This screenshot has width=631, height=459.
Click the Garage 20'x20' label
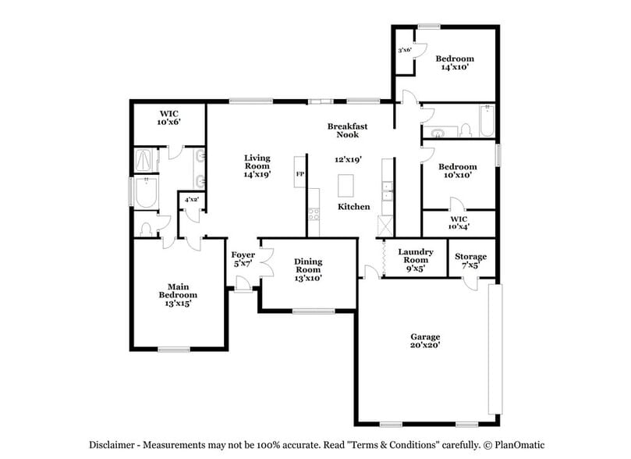[x=426, y=340]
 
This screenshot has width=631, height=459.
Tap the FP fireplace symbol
[x=300, y=173]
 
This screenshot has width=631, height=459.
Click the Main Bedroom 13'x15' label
[x=178, y=295]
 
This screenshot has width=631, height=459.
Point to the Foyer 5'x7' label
[x=243, y=259]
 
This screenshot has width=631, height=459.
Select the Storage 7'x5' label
[x=470, y=261]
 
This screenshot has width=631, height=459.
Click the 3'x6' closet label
[x=404, y=50]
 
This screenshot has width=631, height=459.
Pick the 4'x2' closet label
[x=190, y=200]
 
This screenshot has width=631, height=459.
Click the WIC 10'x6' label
[x=168, y=118]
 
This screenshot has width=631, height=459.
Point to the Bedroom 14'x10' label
[x=454, y=63]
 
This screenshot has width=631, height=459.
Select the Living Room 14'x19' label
[x=257, y=166]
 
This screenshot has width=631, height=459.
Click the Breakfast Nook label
[x=347, y=130]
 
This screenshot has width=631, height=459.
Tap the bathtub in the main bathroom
[x=146, y=193]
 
